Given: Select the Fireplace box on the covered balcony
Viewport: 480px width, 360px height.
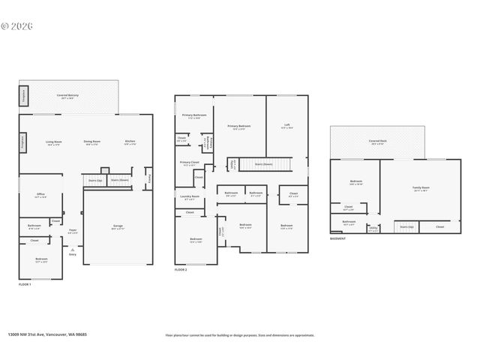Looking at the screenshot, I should pyautogui.click(x=23, y=94).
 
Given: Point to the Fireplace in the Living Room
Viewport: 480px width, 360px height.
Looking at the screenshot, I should pyautogui.click(x=22, y=140).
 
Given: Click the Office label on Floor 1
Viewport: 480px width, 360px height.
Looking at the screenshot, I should pyautogui.click(x=40, y=196).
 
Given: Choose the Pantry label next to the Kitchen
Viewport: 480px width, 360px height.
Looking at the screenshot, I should pyautogui.click(x=148, y=178).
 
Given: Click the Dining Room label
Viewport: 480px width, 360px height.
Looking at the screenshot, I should pyautogui.click(x=92, y=142).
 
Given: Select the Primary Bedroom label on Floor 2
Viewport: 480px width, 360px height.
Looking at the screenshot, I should pyautogui.click(x=238, y=127).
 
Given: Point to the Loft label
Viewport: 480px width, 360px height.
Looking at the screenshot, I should pyautogui.click(x=286, y=126).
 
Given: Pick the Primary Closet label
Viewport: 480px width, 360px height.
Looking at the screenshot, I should pyautogui.click(x=189, y=163).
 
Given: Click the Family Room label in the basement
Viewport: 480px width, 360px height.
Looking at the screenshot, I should pyautogui.click(x=421, y=188).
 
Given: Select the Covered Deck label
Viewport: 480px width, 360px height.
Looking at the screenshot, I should pyautogui.click(x=377, y=142).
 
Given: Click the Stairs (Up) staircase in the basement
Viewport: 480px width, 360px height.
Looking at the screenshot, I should pyautogui.click(x=406, y=226).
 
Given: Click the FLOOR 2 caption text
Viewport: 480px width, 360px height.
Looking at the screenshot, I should pyautogui.click(x=181, y=269).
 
